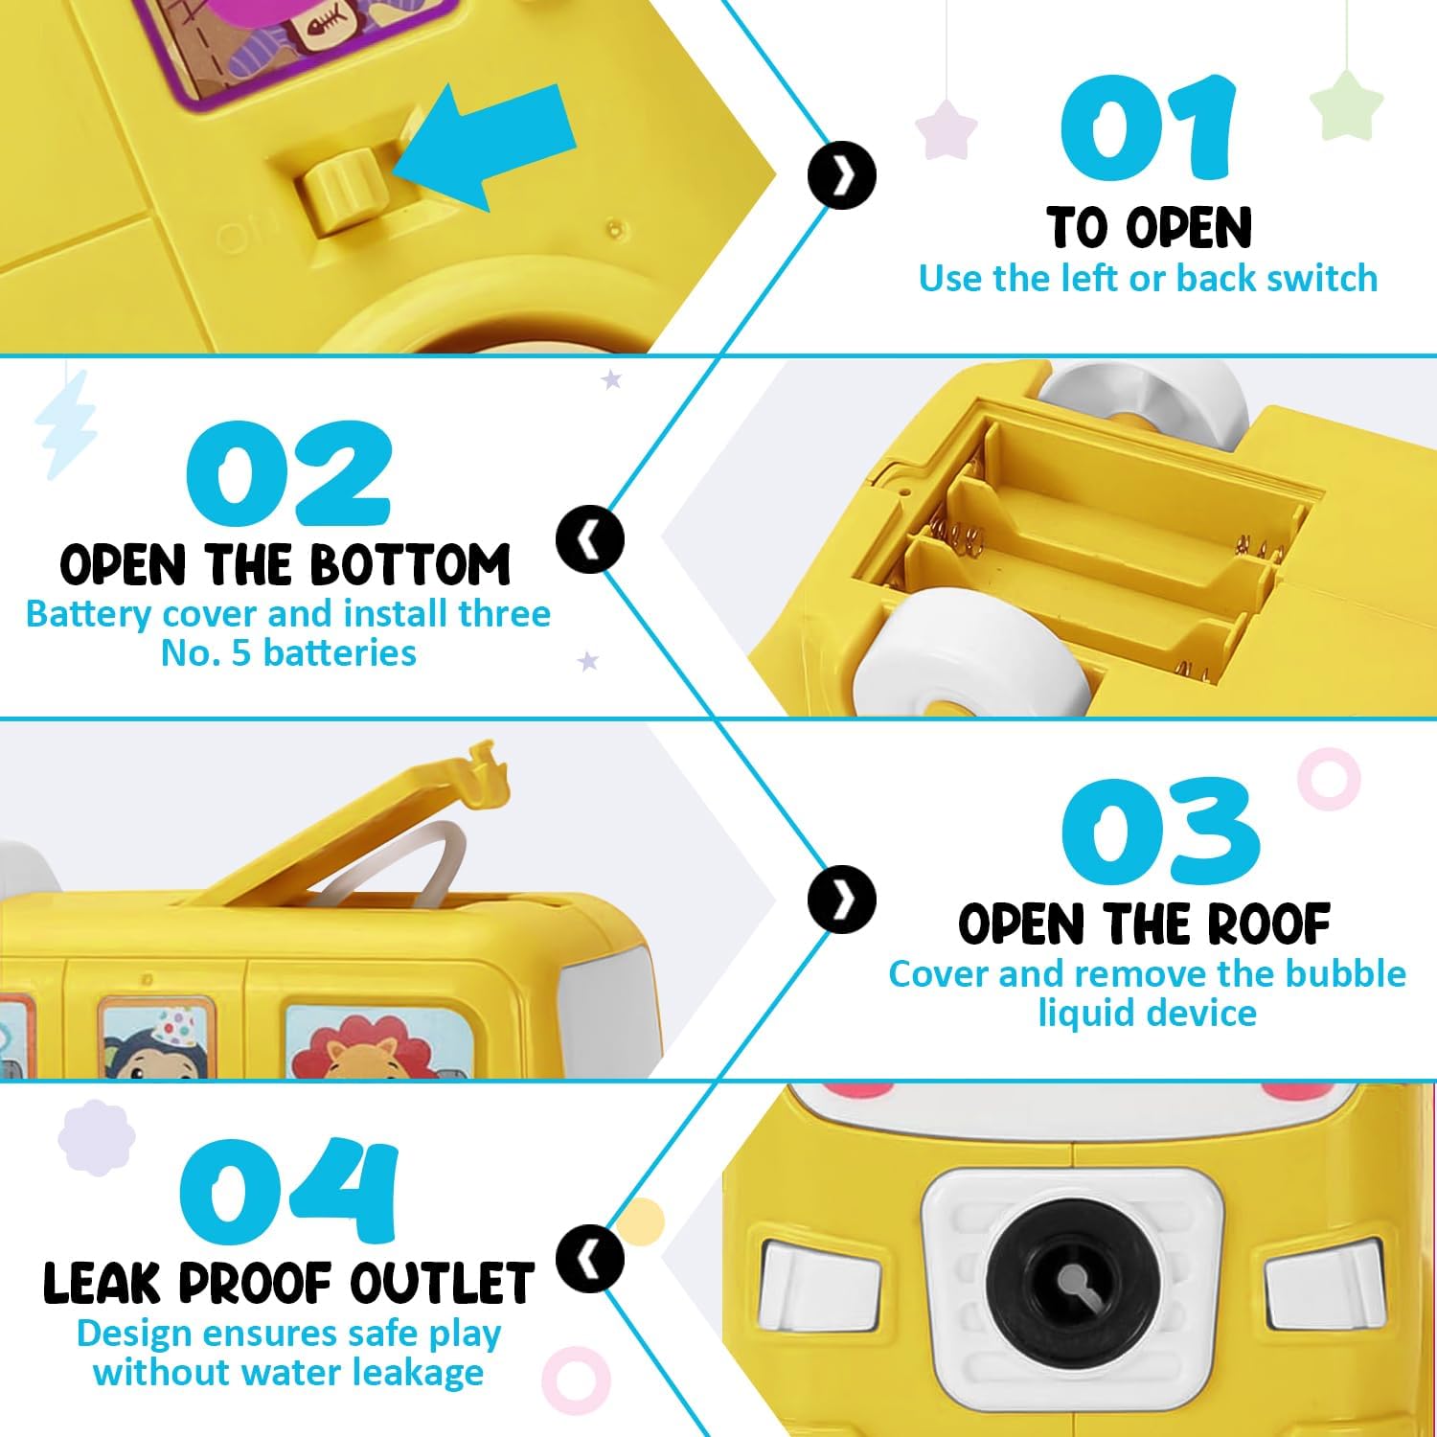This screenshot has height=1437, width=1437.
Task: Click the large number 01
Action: click(1148, 128)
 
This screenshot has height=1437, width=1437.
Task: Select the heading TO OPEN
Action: click(1149, 228)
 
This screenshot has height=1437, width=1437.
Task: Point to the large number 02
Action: click(288, 475)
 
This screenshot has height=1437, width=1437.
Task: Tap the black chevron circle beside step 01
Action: click(842, 176)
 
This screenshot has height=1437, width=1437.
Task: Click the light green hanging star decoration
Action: click(1347, 104)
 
